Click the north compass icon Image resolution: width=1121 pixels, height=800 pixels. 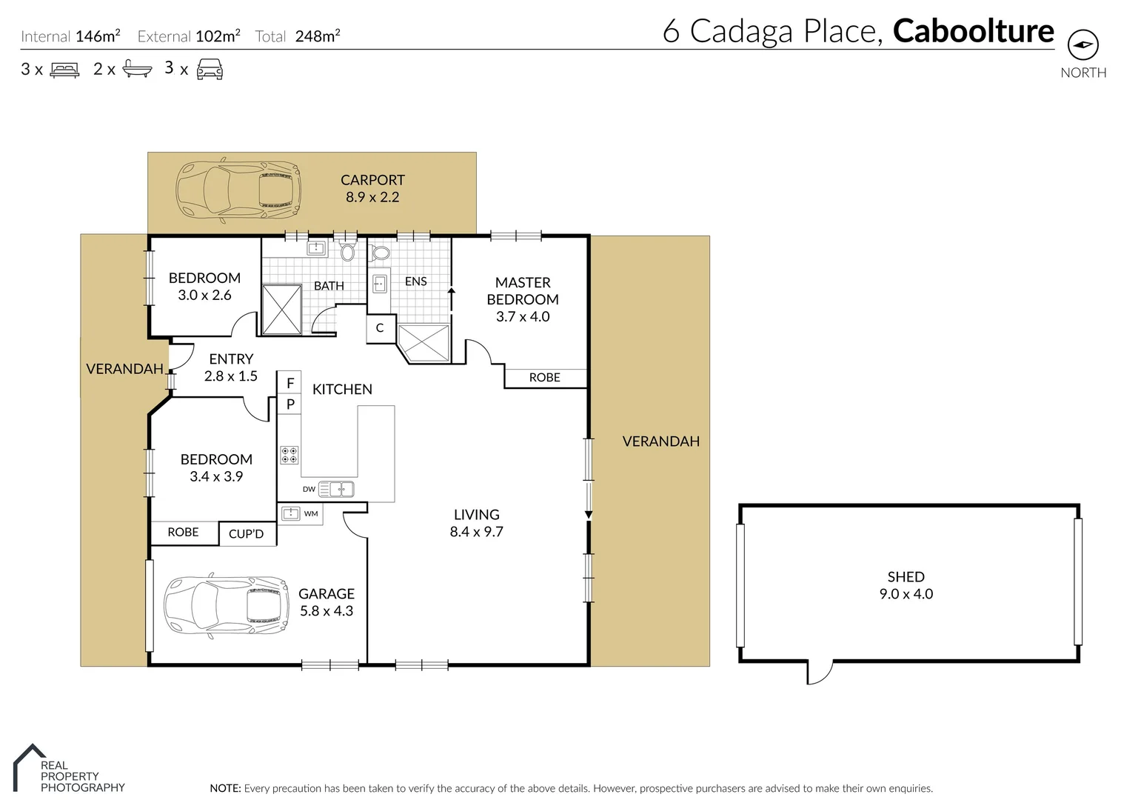[1082, 45]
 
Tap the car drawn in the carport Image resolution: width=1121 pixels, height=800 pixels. [238, 190]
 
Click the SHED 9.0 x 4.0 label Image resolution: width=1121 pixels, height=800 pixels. [906, 585]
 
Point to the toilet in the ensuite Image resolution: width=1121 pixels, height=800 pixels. [381, 253]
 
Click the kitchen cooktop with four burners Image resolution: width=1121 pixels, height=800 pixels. [290, 455]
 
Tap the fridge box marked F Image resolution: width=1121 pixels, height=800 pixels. [290, 383]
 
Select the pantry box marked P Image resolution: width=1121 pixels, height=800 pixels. [290, 404]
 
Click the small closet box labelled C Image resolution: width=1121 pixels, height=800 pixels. [380, 328]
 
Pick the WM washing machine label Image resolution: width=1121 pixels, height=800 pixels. [311, 513]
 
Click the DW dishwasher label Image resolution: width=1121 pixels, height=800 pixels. [309, 489]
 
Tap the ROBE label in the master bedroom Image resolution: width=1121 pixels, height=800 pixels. [544, 378]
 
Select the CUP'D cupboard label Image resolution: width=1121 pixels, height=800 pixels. [246, 534]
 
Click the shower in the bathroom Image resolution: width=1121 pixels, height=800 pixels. [281, 309]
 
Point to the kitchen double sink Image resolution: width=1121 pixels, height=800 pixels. [341, 489]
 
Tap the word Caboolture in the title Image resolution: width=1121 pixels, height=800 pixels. [973, 31]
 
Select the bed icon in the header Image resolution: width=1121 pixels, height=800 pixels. [64, 70]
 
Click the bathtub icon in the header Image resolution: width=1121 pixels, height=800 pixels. [137, 70]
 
